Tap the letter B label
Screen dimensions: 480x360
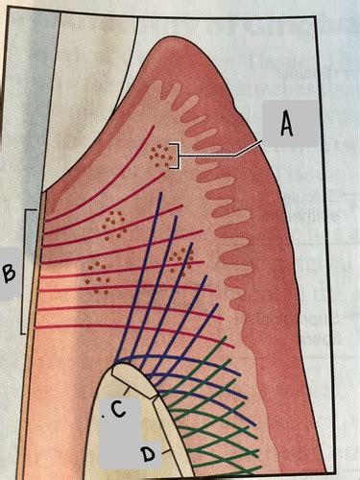[x=10, y=275]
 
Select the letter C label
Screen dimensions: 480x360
[x=117, y=411]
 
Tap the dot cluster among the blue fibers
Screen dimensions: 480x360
[x=179, y=258]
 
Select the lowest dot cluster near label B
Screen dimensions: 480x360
[x=96, y=276]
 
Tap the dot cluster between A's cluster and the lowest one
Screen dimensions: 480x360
[x=115, y=223]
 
